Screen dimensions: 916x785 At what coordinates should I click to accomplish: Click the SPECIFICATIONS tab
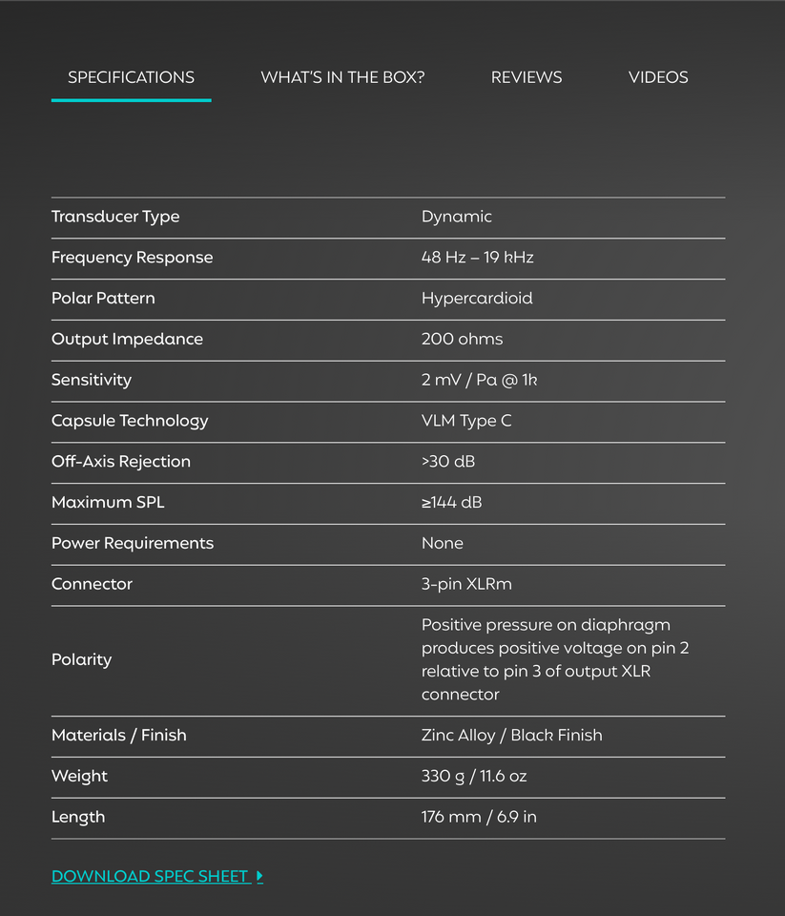click(131, 77)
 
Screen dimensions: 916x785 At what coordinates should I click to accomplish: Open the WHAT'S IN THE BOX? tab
click(342, 77)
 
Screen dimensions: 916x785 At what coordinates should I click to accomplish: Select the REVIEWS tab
click(527, 77)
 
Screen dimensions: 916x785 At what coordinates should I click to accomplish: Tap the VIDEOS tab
click(658, 77)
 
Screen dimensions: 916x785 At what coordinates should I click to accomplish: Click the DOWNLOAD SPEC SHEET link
click(151, 876)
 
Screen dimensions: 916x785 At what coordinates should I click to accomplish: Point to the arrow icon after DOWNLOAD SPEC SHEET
click(260, 876)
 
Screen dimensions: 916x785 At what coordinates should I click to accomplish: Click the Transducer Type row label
click(115, 217)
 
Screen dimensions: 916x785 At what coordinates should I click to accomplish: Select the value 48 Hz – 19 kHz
click(477, 258)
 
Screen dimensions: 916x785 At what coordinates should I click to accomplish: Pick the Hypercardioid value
click(477, 299)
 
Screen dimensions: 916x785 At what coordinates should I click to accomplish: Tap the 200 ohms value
click(462, 339)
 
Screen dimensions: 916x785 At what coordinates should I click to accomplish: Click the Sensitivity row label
click(92, 380)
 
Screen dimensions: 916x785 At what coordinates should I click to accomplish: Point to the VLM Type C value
click(466, 421)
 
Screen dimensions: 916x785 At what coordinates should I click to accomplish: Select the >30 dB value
click(448, 462)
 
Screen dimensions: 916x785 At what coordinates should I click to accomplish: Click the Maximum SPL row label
click(108, 502)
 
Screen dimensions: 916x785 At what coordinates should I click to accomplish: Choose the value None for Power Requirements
click(443, 543)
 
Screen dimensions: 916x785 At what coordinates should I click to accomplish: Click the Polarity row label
click(81, 659)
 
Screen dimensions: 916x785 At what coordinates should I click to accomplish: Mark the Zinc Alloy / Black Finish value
click(511, 736)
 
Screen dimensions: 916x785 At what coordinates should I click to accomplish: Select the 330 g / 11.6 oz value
click(474, 777)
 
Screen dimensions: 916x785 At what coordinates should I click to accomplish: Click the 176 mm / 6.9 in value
click(479, 817)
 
